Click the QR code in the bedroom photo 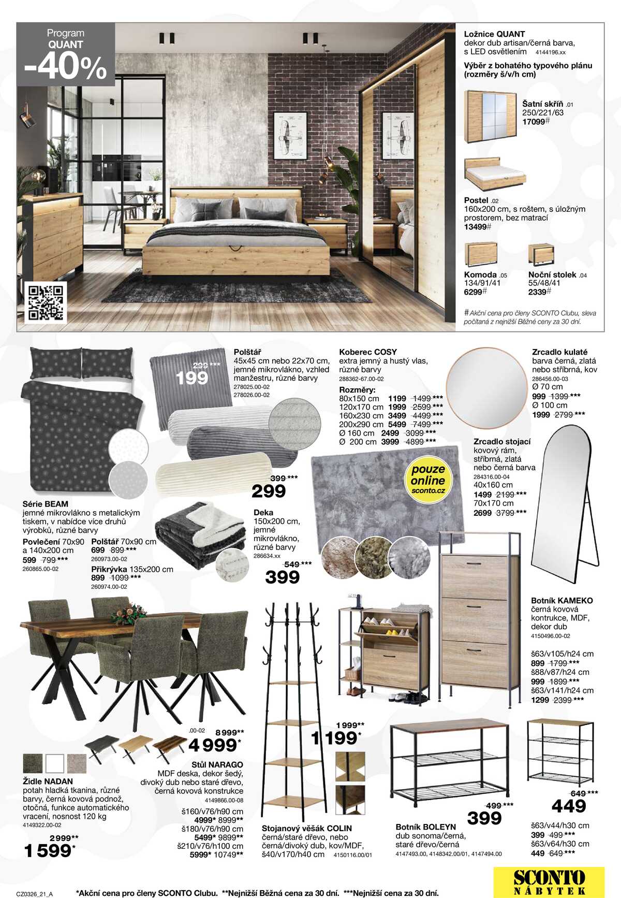click(x=46, y=302)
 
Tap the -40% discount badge click(x=66, y=66)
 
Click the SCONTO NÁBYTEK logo click(x=549, y=881)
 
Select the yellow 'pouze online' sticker click(x=428, y=479)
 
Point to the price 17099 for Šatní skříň click(x=534, y=122)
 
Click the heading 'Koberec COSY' click(x=368, y=352)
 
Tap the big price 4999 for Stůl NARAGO click(x=212, y=745)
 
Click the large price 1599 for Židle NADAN click(x=48, y=851)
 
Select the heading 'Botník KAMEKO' click(x=561, y=601)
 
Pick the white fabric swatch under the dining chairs click(x=55, y=763)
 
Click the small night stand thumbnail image click(x=541, y=255)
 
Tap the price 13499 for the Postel click(x=476, y=227)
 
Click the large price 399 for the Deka click(x=282, y=577)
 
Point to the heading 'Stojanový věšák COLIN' click(x=306, y=829)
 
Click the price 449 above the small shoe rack click(x=568, y=806)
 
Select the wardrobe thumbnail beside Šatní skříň click(x=490, y=117)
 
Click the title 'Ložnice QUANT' click(x=494, y=34)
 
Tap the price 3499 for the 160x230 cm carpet click(x=397, y=415)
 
